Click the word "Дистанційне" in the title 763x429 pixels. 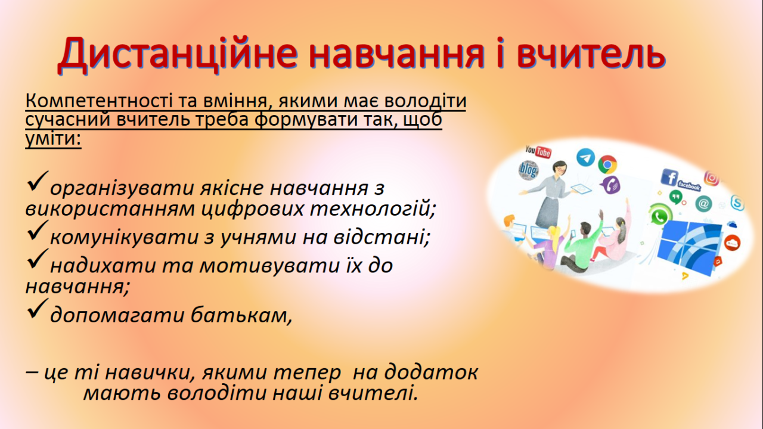[x=178, y=54]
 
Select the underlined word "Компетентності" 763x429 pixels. [x=99, y=101]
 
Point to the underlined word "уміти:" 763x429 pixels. [x=54, y=139]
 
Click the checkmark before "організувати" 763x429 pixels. [x=37, y=181]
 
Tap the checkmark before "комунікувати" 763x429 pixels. [x=37, y=231]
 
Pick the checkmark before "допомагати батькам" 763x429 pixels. [x=37, y=309]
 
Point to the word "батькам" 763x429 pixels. [x=241, y=315]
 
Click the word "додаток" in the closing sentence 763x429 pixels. [x=431, y=372]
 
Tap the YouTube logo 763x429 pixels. [x=538, y=151]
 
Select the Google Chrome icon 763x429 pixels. [x=607, y=164]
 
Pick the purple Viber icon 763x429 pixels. [x=611, y=185]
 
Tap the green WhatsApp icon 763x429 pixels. [x=660, y=215]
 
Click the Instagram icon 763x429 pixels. [x=712, y=178]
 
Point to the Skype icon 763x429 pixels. [x=737, y=203]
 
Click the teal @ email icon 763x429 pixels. [x=703, y=204]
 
